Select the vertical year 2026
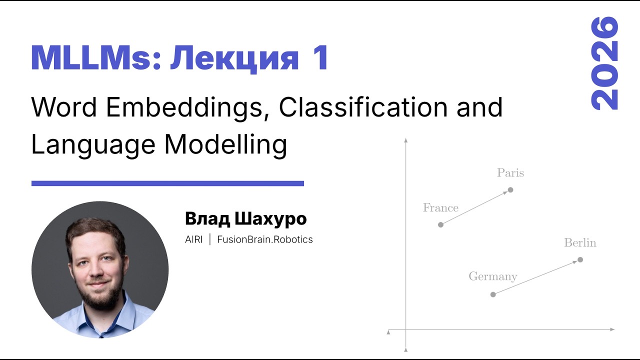(604, 63)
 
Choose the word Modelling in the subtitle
(225, 145)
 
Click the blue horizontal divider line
(167, 183)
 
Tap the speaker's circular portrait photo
(100, 270)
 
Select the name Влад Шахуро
(245, 218)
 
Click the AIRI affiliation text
(193, 239)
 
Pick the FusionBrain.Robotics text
(264, 239)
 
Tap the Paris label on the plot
(510, 173)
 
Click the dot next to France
(440, 224)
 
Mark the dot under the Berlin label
(580, 259)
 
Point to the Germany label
(492, 276)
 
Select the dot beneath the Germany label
(493, 294)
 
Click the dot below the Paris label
(510, 189)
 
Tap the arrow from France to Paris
(475, 207)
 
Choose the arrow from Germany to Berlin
(536, 277)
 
